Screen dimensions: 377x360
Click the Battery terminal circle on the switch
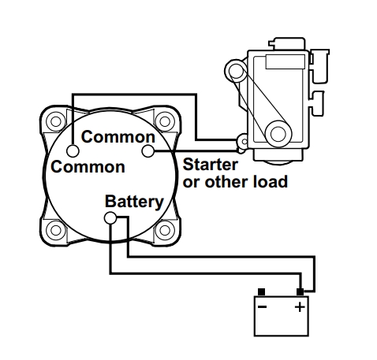click(x=110, y=218)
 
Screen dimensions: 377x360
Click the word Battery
click(x=134, y=202)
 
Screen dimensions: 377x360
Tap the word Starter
click(x=211, y=165)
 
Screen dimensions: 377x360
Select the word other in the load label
click(x=226, y=182)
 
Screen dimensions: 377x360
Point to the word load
click(x=271, y=182)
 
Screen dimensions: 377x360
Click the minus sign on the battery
click(x=262, y=306)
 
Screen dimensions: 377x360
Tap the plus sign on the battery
click(x=300, y=306)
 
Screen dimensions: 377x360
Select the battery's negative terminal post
click(x=261, y=292)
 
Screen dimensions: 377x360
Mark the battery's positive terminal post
click(x=300, y=292)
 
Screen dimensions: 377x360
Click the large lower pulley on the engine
click(x=278, y=133)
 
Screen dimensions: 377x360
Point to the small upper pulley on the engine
click(x=236, y=71)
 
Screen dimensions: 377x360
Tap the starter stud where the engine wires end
click(x=243, y=142)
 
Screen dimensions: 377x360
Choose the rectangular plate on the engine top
click(x=285, y=62)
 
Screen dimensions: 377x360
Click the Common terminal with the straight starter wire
click(x=147, y=151)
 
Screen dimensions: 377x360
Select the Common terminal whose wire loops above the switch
click(x=73, y=151)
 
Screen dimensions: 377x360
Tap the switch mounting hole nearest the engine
click(x=165, y=121)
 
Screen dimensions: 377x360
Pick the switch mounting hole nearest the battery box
click(x=165, y=230)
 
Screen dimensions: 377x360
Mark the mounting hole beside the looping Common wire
click(x=56, y=121)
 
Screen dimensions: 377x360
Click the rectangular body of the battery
click(x=282, y=316)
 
